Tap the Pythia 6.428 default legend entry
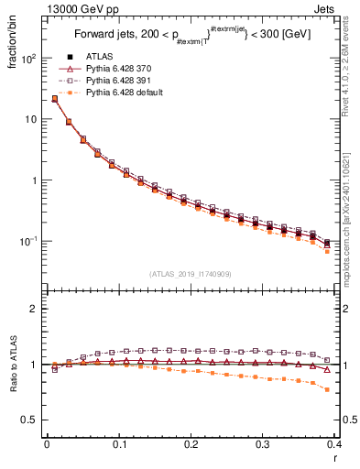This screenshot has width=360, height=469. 119,93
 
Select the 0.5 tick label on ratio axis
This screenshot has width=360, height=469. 31,420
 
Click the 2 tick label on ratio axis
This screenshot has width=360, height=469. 34,309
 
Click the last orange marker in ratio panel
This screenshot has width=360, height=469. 328,389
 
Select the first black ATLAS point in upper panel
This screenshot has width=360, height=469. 54,99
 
